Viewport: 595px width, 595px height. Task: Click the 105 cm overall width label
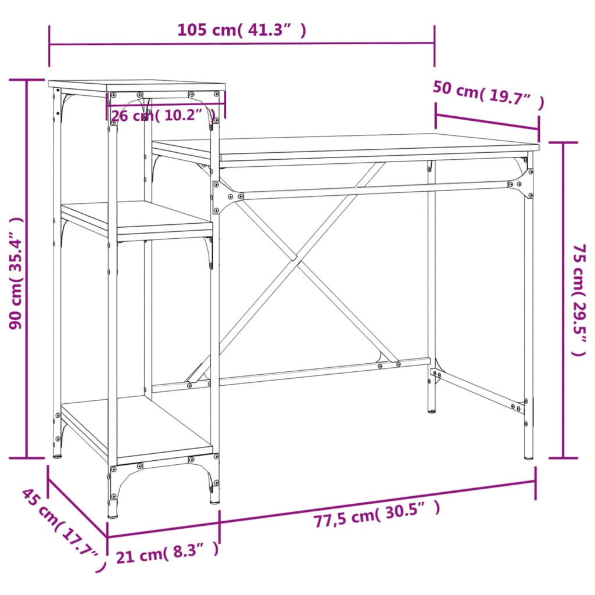(241, 30)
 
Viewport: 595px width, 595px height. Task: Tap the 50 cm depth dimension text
(488, 96)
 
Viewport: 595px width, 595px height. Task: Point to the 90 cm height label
(16, 273)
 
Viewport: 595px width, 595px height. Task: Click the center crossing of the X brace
(296, 259)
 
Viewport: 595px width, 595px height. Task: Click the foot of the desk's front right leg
(528, 456)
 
